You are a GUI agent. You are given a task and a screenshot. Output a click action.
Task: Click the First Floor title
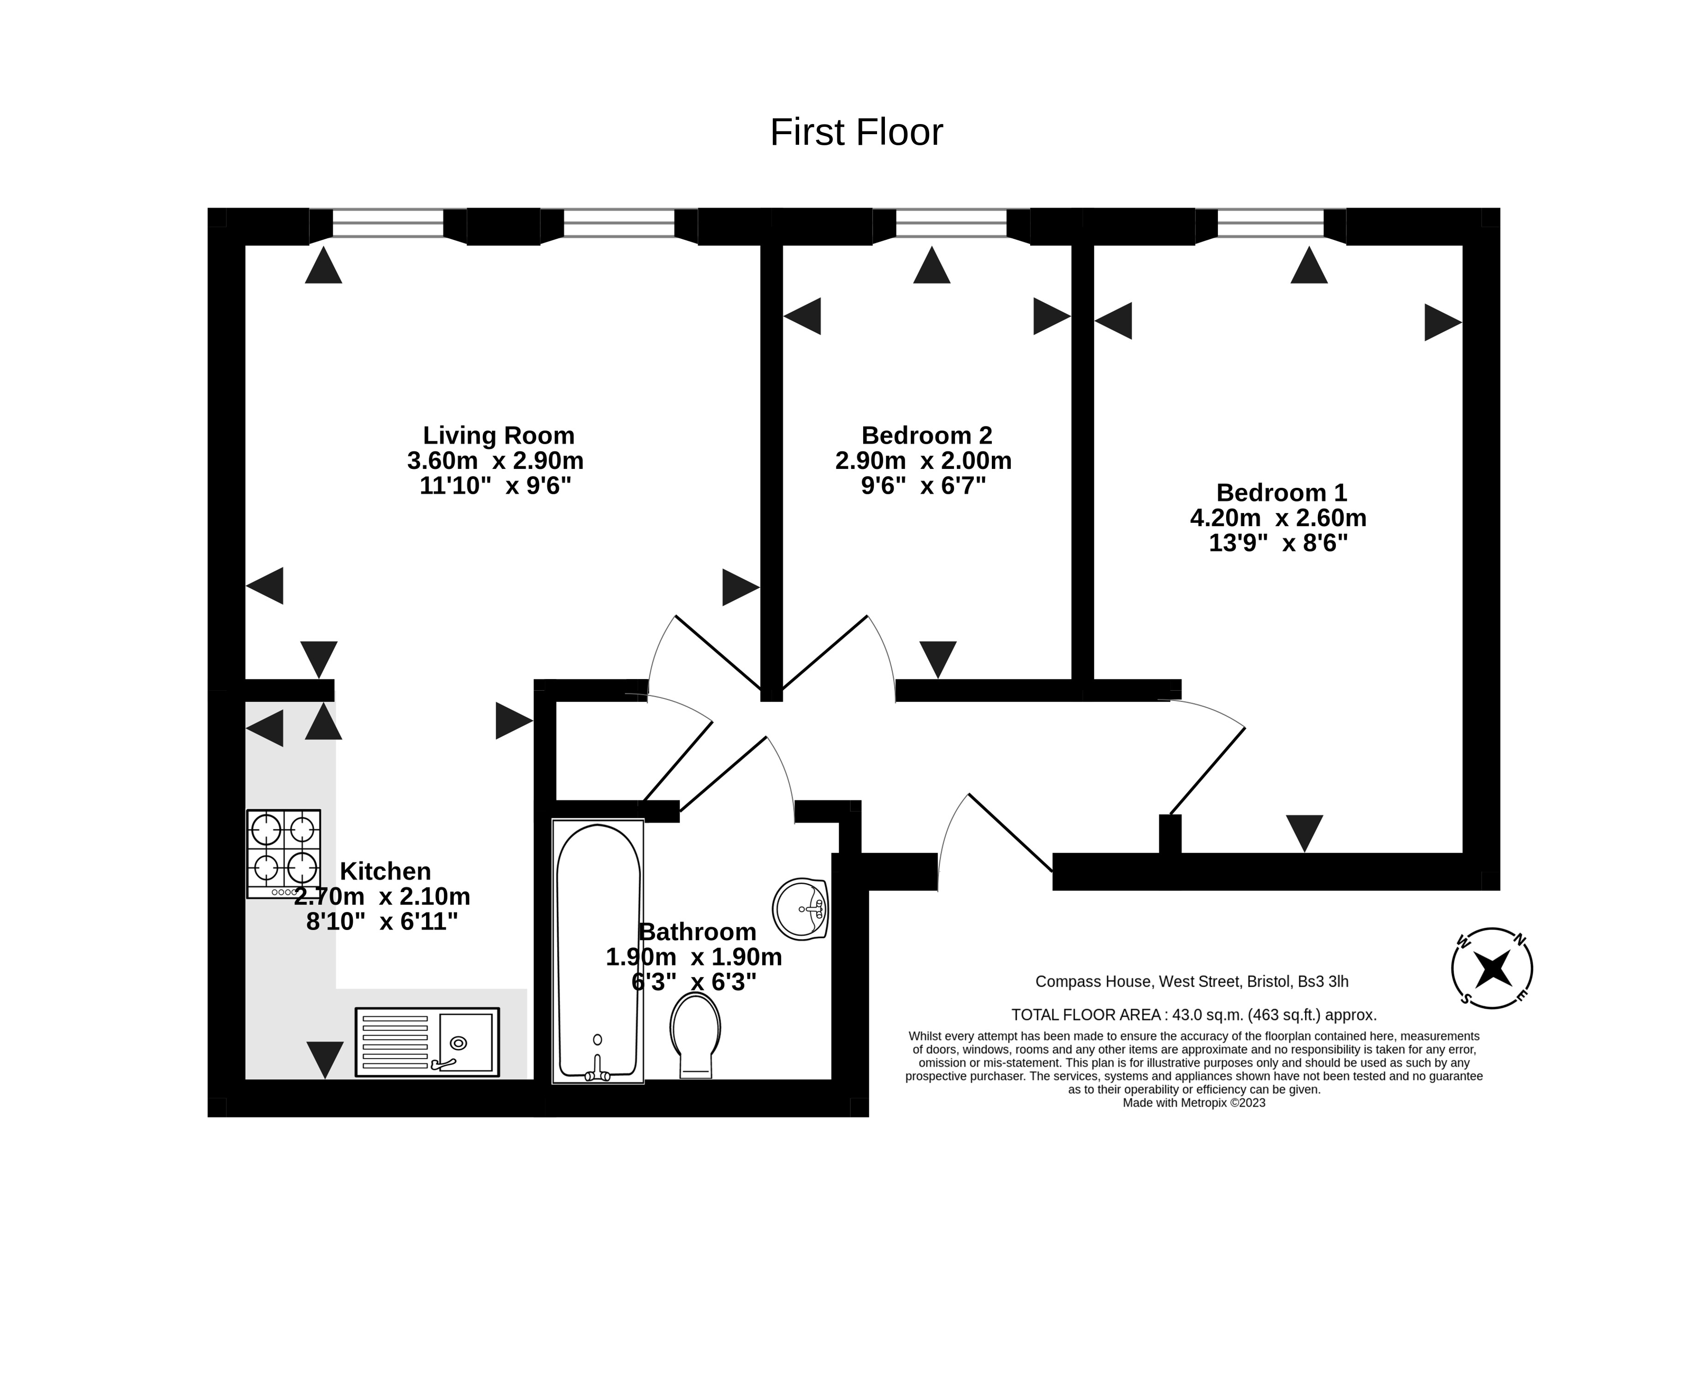click(x=855, y=132)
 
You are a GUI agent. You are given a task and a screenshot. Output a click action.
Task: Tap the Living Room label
click(x=498, y=435)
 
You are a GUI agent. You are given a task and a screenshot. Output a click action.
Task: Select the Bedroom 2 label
click(x=926, y=435)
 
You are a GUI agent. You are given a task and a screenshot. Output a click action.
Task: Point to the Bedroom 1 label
click(x=1281, y=492)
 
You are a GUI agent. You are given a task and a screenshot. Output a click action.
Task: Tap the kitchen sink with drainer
click(x=427, y=1042)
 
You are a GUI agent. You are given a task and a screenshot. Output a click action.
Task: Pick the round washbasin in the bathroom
click(x=800, y=909)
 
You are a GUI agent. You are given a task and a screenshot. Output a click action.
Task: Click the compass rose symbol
click(x=1492, y=968)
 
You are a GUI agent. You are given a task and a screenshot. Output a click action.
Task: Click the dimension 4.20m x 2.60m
click(x=1278, y=518)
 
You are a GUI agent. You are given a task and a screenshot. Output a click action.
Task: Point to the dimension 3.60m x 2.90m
click(x=495, y=461)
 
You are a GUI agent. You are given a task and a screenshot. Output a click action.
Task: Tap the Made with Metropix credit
click(x=1193, y=1102)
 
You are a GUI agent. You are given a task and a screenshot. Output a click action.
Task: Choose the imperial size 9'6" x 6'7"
click(x=923, y=485)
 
